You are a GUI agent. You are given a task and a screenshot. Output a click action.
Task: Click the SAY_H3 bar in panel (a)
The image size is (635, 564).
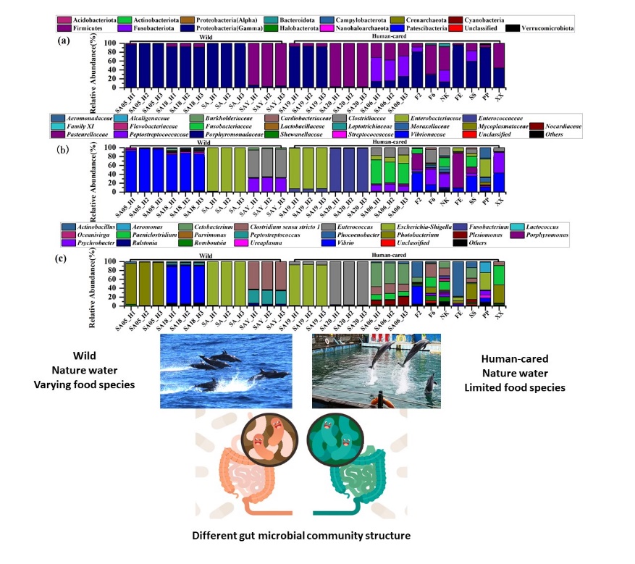tap(280, 65)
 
